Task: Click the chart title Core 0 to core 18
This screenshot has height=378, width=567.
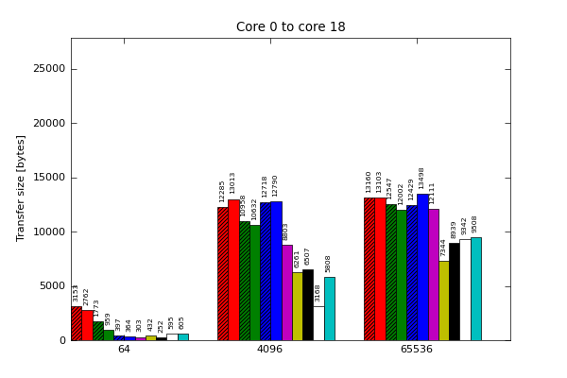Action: (290, 27)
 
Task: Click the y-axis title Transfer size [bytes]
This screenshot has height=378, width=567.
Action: (21, 187)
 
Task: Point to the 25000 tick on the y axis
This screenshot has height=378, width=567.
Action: (50, 69)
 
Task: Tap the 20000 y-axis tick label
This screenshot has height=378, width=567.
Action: (50, 123)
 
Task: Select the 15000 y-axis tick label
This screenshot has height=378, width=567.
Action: (50, 178)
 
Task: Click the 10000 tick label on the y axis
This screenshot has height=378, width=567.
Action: (50, 232)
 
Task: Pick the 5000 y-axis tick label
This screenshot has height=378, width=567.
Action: (53, 286)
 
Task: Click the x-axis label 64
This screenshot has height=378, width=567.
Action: (124, 350)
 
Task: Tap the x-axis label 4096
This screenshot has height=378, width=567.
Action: (270, 350)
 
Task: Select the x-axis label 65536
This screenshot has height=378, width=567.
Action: (416, 350)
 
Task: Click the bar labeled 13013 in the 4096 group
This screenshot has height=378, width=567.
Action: (233, 269)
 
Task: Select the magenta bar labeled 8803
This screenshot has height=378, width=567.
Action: (286, 293)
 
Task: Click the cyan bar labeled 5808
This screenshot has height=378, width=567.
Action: (329, 309)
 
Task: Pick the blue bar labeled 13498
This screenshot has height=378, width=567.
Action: (422, 267)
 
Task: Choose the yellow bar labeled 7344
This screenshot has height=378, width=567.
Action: (443, 301)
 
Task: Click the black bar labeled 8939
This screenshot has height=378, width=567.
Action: (454, 292)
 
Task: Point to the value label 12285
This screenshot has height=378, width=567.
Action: (223, 191)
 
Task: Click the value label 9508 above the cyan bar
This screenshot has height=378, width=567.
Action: (475, 224)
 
